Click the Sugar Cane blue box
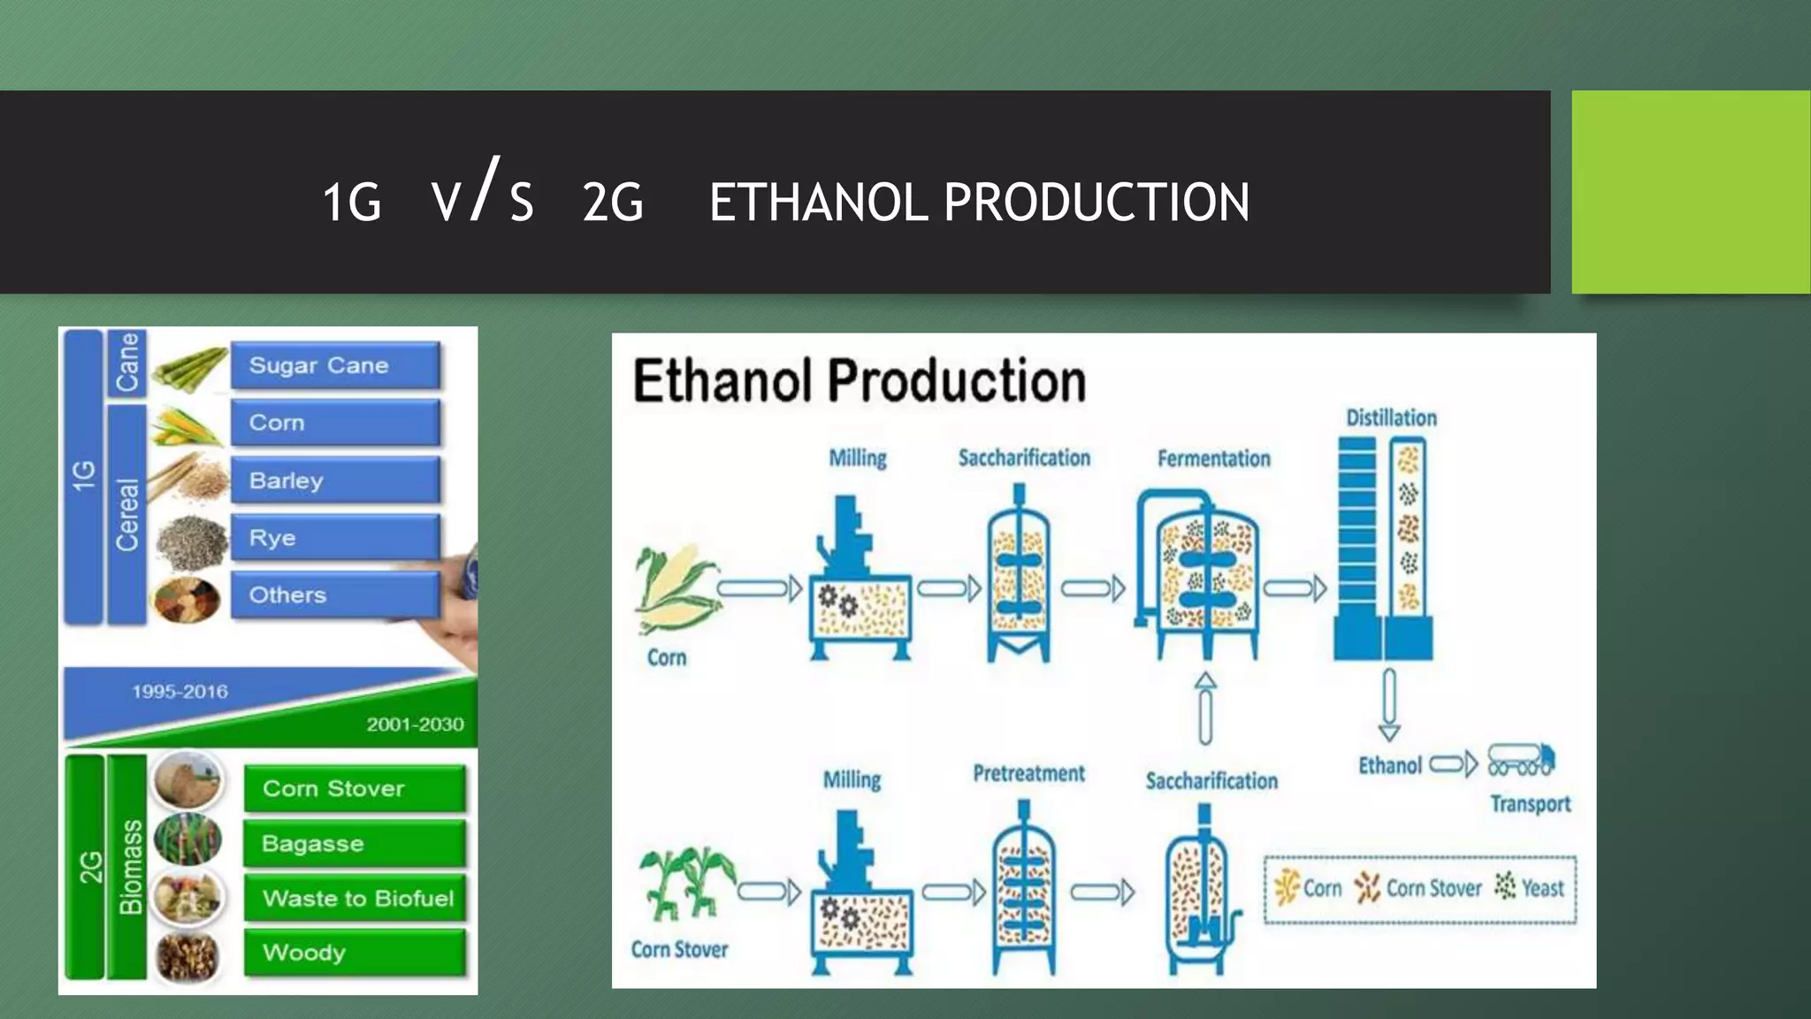click(x=335, y=365)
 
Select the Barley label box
click(x=335, y=480)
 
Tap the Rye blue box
click(x=335, y=538)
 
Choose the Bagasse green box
click(x=355, y=843)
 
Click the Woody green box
click(x=355, y=953)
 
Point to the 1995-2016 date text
click(x=180, y=692)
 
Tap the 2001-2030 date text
click(x=415, y=724)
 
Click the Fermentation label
click(x=1213, y=458)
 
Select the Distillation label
click(x=1391, y=418)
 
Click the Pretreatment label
click(x=1028, y=774)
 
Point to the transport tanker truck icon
click(x=1521, y=760)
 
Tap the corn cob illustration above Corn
click(x=676, y=589)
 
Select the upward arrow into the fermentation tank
click(x=1205, y=708)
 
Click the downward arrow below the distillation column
click(x=1389, y=704)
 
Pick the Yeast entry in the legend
click(x=1530, y=887)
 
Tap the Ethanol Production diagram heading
click(x=859, y=381)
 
